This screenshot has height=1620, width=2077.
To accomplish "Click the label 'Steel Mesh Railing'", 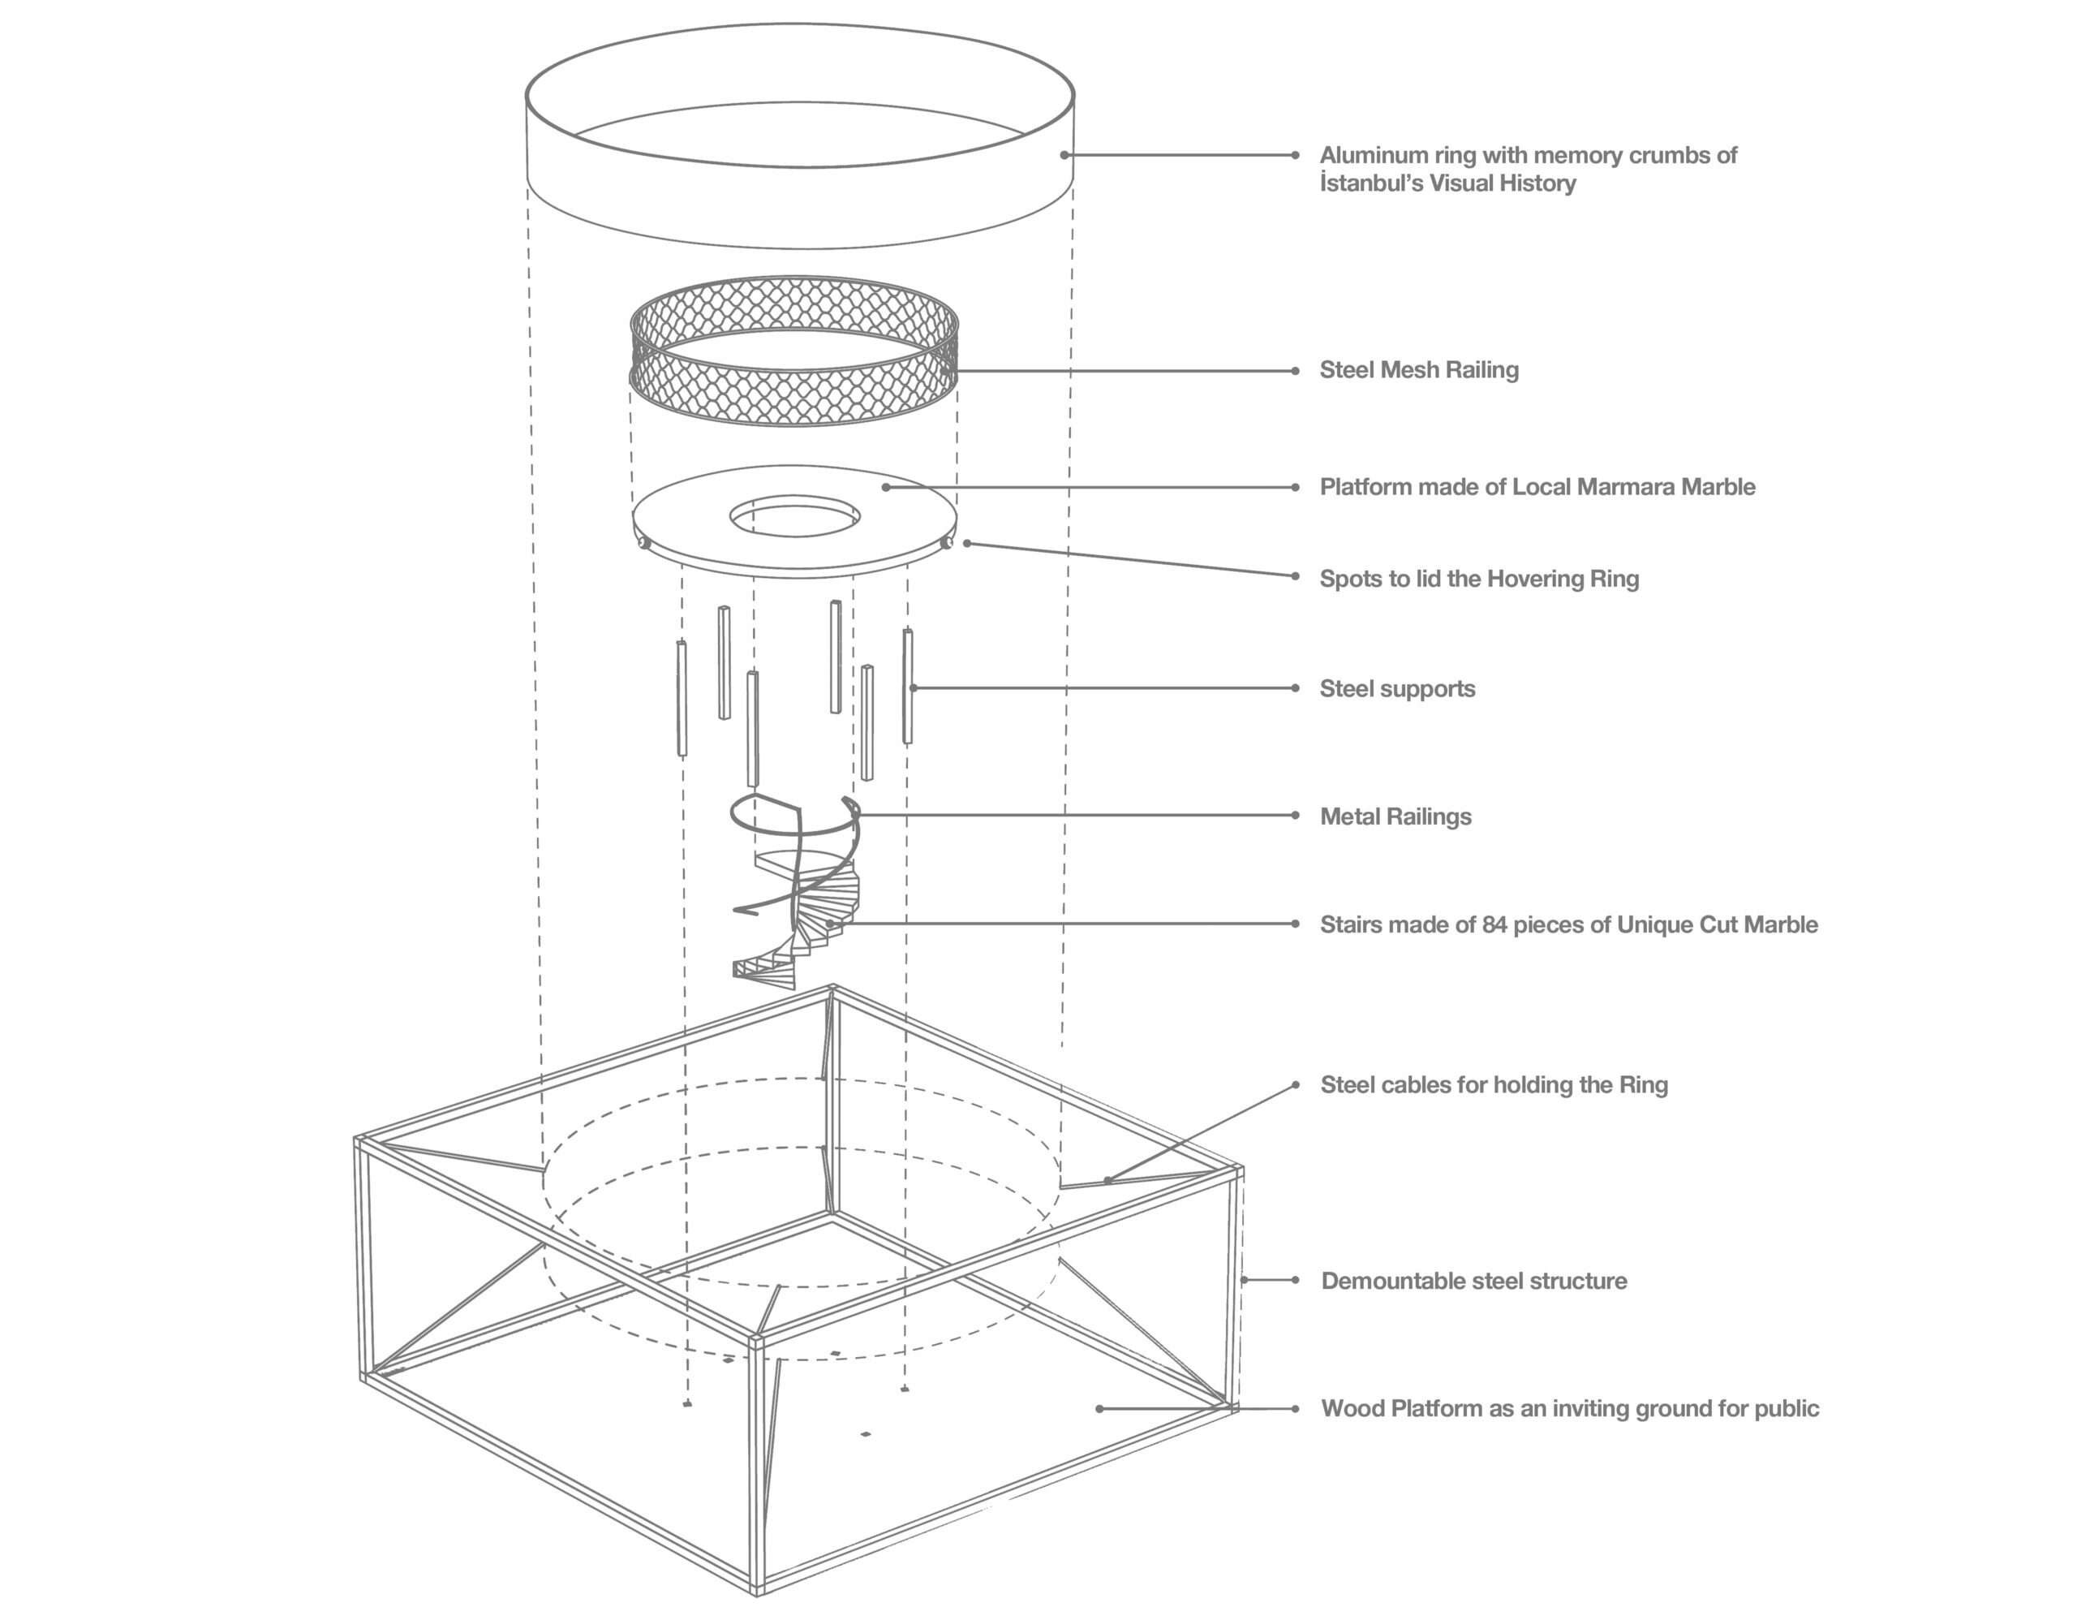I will coord(1418,370).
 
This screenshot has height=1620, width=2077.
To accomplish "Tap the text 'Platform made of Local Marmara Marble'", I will coord(1537,487).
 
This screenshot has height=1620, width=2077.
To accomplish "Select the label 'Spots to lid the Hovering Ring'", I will coord(1479,579).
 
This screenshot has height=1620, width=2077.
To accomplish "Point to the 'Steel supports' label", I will coord(1397,689).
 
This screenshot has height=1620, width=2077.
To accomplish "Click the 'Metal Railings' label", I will coord(1395,816).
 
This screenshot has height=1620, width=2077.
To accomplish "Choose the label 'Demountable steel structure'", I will coord(1474,1281).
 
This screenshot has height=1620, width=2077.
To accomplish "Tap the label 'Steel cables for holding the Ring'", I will coord(1494,1084).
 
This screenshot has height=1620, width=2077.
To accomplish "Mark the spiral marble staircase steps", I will coord(818,913).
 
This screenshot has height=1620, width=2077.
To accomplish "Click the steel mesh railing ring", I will coord(794,399).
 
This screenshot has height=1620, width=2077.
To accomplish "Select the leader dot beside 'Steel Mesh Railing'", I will coord(1295,371).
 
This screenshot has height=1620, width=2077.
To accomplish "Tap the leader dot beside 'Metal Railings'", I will coord(1295,815).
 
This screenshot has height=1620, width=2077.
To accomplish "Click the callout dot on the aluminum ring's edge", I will coord(1064,155).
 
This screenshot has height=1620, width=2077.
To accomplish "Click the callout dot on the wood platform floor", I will coord(1099,1409).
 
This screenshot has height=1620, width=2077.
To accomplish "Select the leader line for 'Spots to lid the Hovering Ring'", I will coord(1132,559).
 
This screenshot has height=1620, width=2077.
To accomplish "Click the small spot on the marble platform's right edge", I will coord(946,543).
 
